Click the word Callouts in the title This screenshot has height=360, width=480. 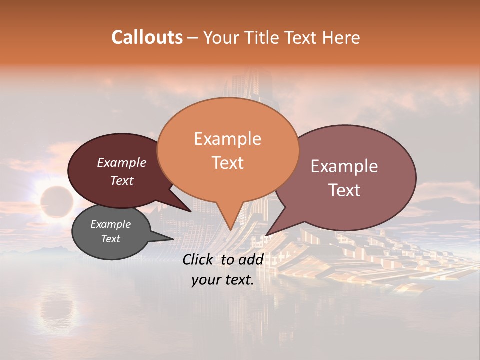pyautogui.click(x=147, y=37)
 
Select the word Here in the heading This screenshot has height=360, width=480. pyautogui.click(x=339, y=38)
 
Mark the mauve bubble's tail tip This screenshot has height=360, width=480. pyautogui.click(x=267, y=234)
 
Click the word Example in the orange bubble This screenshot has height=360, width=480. pyautogui.click(x=228, y=139)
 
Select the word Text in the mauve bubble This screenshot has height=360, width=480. pyautogui.click(x=345, y=190)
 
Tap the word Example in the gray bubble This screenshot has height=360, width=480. pyautogui.click(x=111, y=224)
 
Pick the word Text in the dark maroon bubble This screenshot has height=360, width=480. pyautogui.click(x=122, y=180)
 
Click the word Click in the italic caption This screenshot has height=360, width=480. pyautogui.click(x=199, y=259)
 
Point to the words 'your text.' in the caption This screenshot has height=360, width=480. pyautogui.click(x=223, y=280)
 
